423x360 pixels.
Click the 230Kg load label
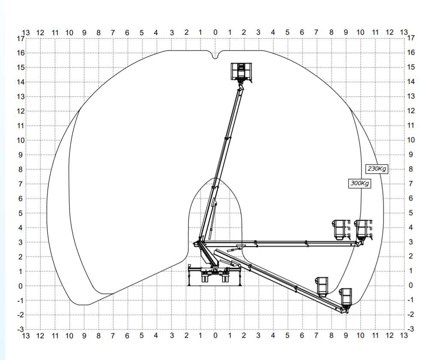(x=377, y=169)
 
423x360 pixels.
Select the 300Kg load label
(x=360, y=183)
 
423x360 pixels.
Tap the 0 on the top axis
(x=215, y=32)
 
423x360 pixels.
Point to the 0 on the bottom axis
(x=215, y=336)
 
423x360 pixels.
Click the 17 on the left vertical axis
(x=21, y=39)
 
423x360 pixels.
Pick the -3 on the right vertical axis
(x=411, y=329)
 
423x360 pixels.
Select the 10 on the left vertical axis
(x=21, y=140)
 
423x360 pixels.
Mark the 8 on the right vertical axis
(x=411, y=169)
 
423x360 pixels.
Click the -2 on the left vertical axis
(x=21, y=315)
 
